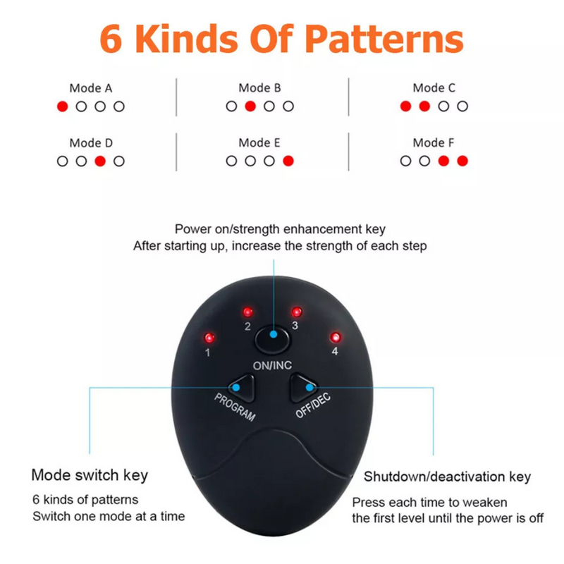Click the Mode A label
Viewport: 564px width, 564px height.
point(91,88)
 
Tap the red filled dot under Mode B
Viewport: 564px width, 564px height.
point(250,106)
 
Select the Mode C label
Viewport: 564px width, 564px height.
point(434,87)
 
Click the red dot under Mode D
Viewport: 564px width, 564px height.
point(100,161)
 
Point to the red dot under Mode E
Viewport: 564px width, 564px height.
point(288,161)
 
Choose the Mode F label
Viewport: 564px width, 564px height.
point(434,143)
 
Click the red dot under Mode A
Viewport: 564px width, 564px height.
point(62,106)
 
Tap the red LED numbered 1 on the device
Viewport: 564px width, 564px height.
point(209,338)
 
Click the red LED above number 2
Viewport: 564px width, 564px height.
point(247,312)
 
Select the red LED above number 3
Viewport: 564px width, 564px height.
point(297,312)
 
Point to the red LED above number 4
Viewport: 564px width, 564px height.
point(336,338)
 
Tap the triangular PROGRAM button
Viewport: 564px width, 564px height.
point(243,388)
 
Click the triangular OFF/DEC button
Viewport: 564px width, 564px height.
point(302,388)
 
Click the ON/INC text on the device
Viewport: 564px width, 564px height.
point(272,366)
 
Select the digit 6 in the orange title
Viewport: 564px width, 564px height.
point(111,39)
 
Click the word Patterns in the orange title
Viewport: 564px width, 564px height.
point(384,39)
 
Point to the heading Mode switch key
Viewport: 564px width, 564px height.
point(90,475)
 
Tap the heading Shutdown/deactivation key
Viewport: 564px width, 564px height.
point(447,477)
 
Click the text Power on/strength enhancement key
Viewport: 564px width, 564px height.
point(280,229)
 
